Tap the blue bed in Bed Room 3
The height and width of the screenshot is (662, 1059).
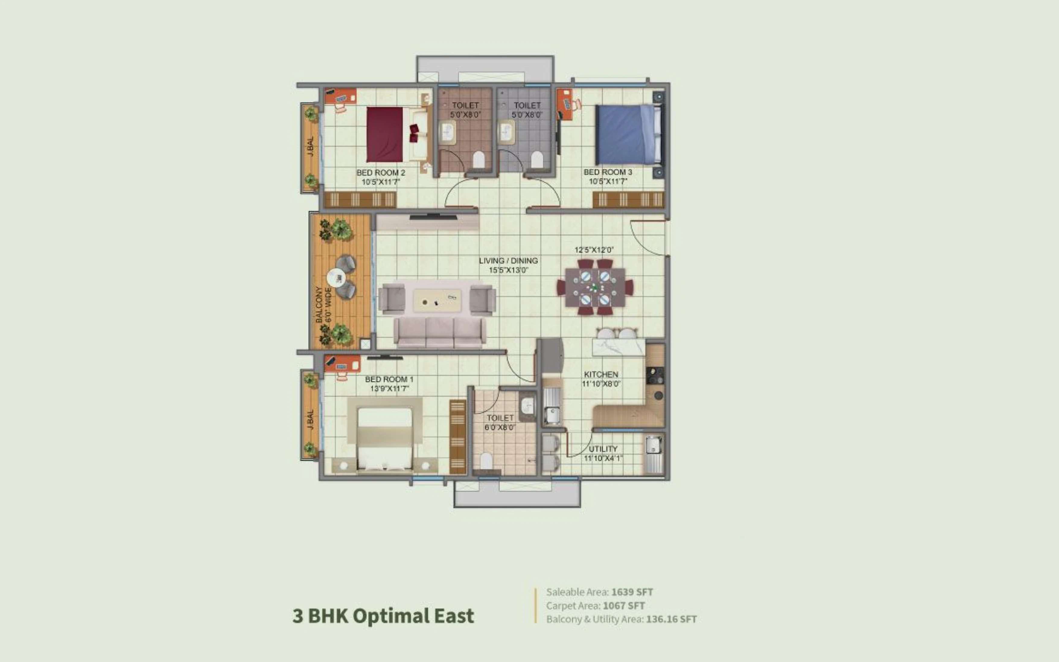pyautogui.click(x=628, y=134)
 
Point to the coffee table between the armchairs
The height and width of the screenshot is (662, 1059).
pyautogui.click(x=437, y=300)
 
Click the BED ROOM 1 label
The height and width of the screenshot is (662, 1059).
pyautogui.click(x=389, y=379)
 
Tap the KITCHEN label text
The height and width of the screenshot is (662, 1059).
pyautogui.click(x=601, y=374)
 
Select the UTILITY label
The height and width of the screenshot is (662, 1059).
pyautogui.click(x=603, y=449)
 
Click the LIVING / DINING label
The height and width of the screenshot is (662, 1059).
pyautogui.click(x=508, y=261)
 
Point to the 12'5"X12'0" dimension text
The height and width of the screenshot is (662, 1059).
pyautogui.click(x=594, y=250)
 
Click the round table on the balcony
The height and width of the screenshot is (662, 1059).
pyautogui.click(x=336, y=278)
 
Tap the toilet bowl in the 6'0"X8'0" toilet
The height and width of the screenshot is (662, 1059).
pyautogui.click(x=486, y=461)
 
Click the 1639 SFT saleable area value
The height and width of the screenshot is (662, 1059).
pyautogui.click(x=632, y=592)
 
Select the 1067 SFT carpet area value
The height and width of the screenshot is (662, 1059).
pyautogui.click(x=624, y=606)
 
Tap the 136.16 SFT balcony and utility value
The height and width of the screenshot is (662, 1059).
pyautogui.click(x=671, y=619)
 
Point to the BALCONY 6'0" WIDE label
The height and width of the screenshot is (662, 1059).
pyautogui.click(x=323, y=305)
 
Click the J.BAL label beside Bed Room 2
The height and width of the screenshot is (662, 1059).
pyautogui.click(x=310, y=147)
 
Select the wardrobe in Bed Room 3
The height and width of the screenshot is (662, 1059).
pyautogui.click(x=628, y=200)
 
